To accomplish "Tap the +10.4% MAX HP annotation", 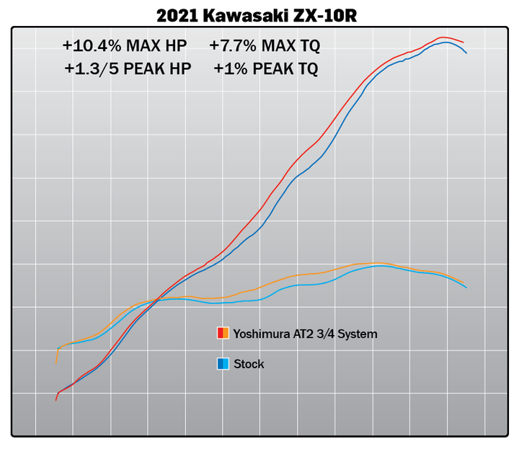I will [x=124, y=46].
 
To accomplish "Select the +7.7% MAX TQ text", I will [x=264, y=46].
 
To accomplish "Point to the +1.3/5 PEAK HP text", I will [x=125, y=69].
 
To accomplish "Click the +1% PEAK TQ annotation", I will [x=265, y=69].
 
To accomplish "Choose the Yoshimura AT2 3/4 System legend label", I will [x=305, y=334].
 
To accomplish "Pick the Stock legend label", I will [x=249, y=364].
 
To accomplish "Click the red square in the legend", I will [x=220, y=334].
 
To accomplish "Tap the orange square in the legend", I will [x=226, y=334].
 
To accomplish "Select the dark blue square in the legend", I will [x=220, y=364].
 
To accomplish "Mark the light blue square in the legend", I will [x=226, y=364].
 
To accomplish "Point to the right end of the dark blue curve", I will [x=466, y=53].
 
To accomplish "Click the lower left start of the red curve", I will [x=56, y=399].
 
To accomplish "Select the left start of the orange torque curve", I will [x=57, y=362].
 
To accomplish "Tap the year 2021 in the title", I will [x=177, y=14].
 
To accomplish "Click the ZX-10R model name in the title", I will [x=332, y=14].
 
